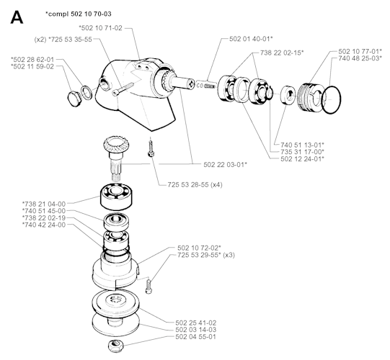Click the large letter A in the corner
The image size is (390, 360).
pyautogui.click(x=19, y=17)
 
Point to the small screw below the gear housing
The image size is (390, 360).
pyautogui.click(x=153, y=152)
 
